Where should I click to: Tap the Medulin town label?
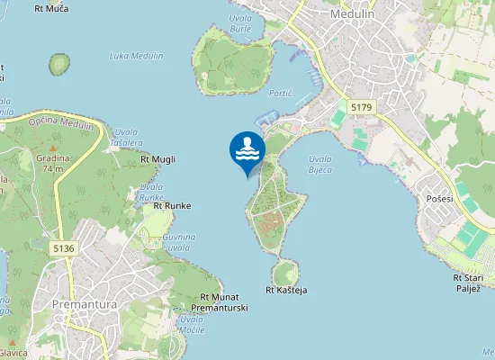[353, 14]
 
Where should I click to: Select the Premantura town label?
[85, 303]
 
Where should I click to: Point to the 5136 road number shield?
[63, 247]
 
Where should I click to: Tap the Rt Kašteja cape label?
[287, 290]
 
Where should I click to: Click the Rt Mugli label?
[158, 159]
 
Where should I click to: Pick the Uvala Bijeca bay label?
[320, 164]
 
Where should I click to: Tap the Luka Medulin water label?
[136, 56]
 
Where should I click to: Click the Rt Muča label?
[51, 8]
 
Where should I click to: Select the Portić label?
[281, 93]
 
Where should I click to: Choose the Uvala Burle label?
[240, 22]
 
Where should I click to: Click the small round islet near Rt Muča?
[59, 65]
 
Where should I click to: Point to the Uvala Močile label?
[192, 324]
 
